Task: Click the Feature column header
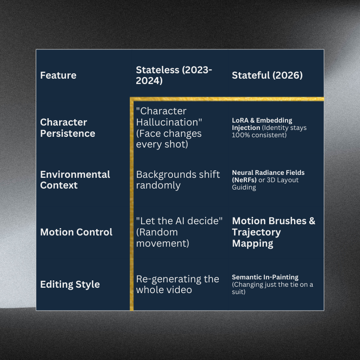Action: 58,75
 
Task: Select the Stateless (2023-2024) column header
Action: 173,75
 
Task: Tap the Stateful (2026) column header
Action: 267,75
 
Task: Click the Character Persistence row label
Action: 67,127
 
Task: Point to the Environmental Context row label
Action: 75,179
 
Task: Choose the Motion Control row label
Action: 76,232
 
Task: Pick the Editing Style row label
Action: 70,284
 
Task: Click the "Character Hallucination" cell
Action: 169,127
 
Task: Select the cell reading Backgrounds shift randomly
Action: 178,179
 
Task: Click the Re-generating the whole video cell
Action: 177,284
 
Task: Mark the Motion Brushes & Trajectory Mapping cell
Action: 274,232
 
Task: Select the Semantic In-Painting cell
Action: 273,284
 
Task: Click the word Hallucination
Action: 169,122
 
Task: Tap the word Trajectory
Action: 256,232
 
